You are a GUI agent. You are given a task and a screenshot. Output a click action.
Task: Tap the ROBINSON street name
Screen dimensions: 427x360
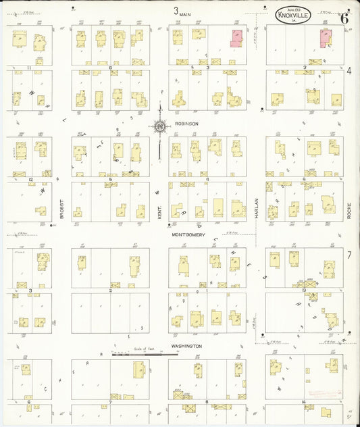(x=186, y=124)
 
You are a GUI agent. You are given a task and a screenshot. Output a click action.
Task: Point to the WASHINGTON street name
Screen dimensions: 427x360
(x=186, y=346)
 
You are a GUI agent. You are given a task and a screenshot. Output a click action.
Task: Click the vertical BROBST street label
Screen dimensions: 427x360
(x=61, y=207)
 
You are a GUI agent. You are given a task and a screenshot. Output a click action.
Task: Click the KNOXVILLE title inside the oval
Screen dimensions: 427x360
(x=297, y=14)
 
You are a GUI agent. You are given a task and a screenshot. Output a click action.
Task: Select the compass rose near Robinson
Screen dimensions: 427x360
(x=160, y=126)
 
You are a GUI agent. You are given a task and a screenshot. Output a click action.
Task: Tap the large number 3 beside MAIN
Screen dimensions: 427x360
(x=176, y=11)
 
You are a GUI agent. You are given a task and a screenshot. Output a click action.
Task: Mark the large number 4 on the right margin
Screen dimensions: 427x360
(x=349, y=70)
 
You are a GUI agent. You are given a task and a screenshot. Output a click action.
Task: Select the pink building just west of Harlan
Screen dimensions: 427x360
(x=236, y=38)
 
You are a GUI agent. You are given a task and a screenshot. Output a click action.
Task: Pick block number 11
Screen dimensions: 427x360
(x=30, y=68)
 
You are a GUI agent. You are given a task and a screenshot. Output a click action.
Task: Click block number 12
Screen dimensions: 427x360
(x=31, y=179)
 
